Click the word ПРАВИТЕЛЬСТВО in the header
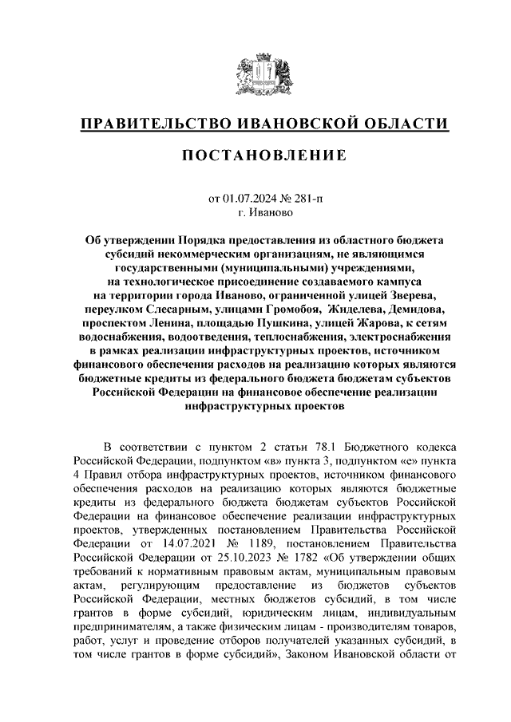pyautogui.click(x=156, y=124)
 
